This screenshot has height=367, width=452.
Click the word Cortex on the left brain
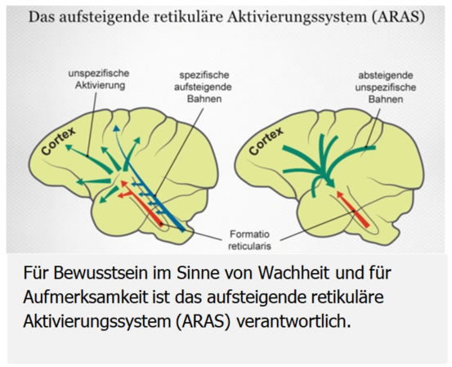pyautogui.click(x=58, y=141)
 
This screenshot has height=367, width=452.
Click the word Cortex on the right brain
pyautogui.click(x=266, y=141)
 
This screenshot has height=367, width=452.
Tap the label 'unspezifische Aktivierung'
pyautogui.click(x=99, y=79)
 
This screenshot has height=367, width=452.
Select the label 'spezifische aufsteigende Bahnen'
pyautogui.click(x=203, y=87)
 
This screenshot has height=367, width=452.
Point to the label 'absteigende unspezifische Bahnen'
pyautogui.click(x=386, y=87)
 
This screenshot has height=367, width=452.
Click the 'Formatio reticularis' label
pyautogui.click(x=249, y=240)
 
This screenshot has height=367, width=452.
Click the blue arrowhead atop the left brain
pyautogui.click(x=116, y=128)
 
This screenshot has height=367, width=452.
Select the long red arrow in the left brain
pyautogui.click(x=141, y=202)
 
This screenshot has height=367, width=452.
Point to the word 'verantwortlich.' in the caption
pyautogui.click(x=293, y=321)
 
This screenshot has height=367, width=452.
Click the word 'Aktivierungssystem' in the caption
pyautogui.click(x=97, y=322)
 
